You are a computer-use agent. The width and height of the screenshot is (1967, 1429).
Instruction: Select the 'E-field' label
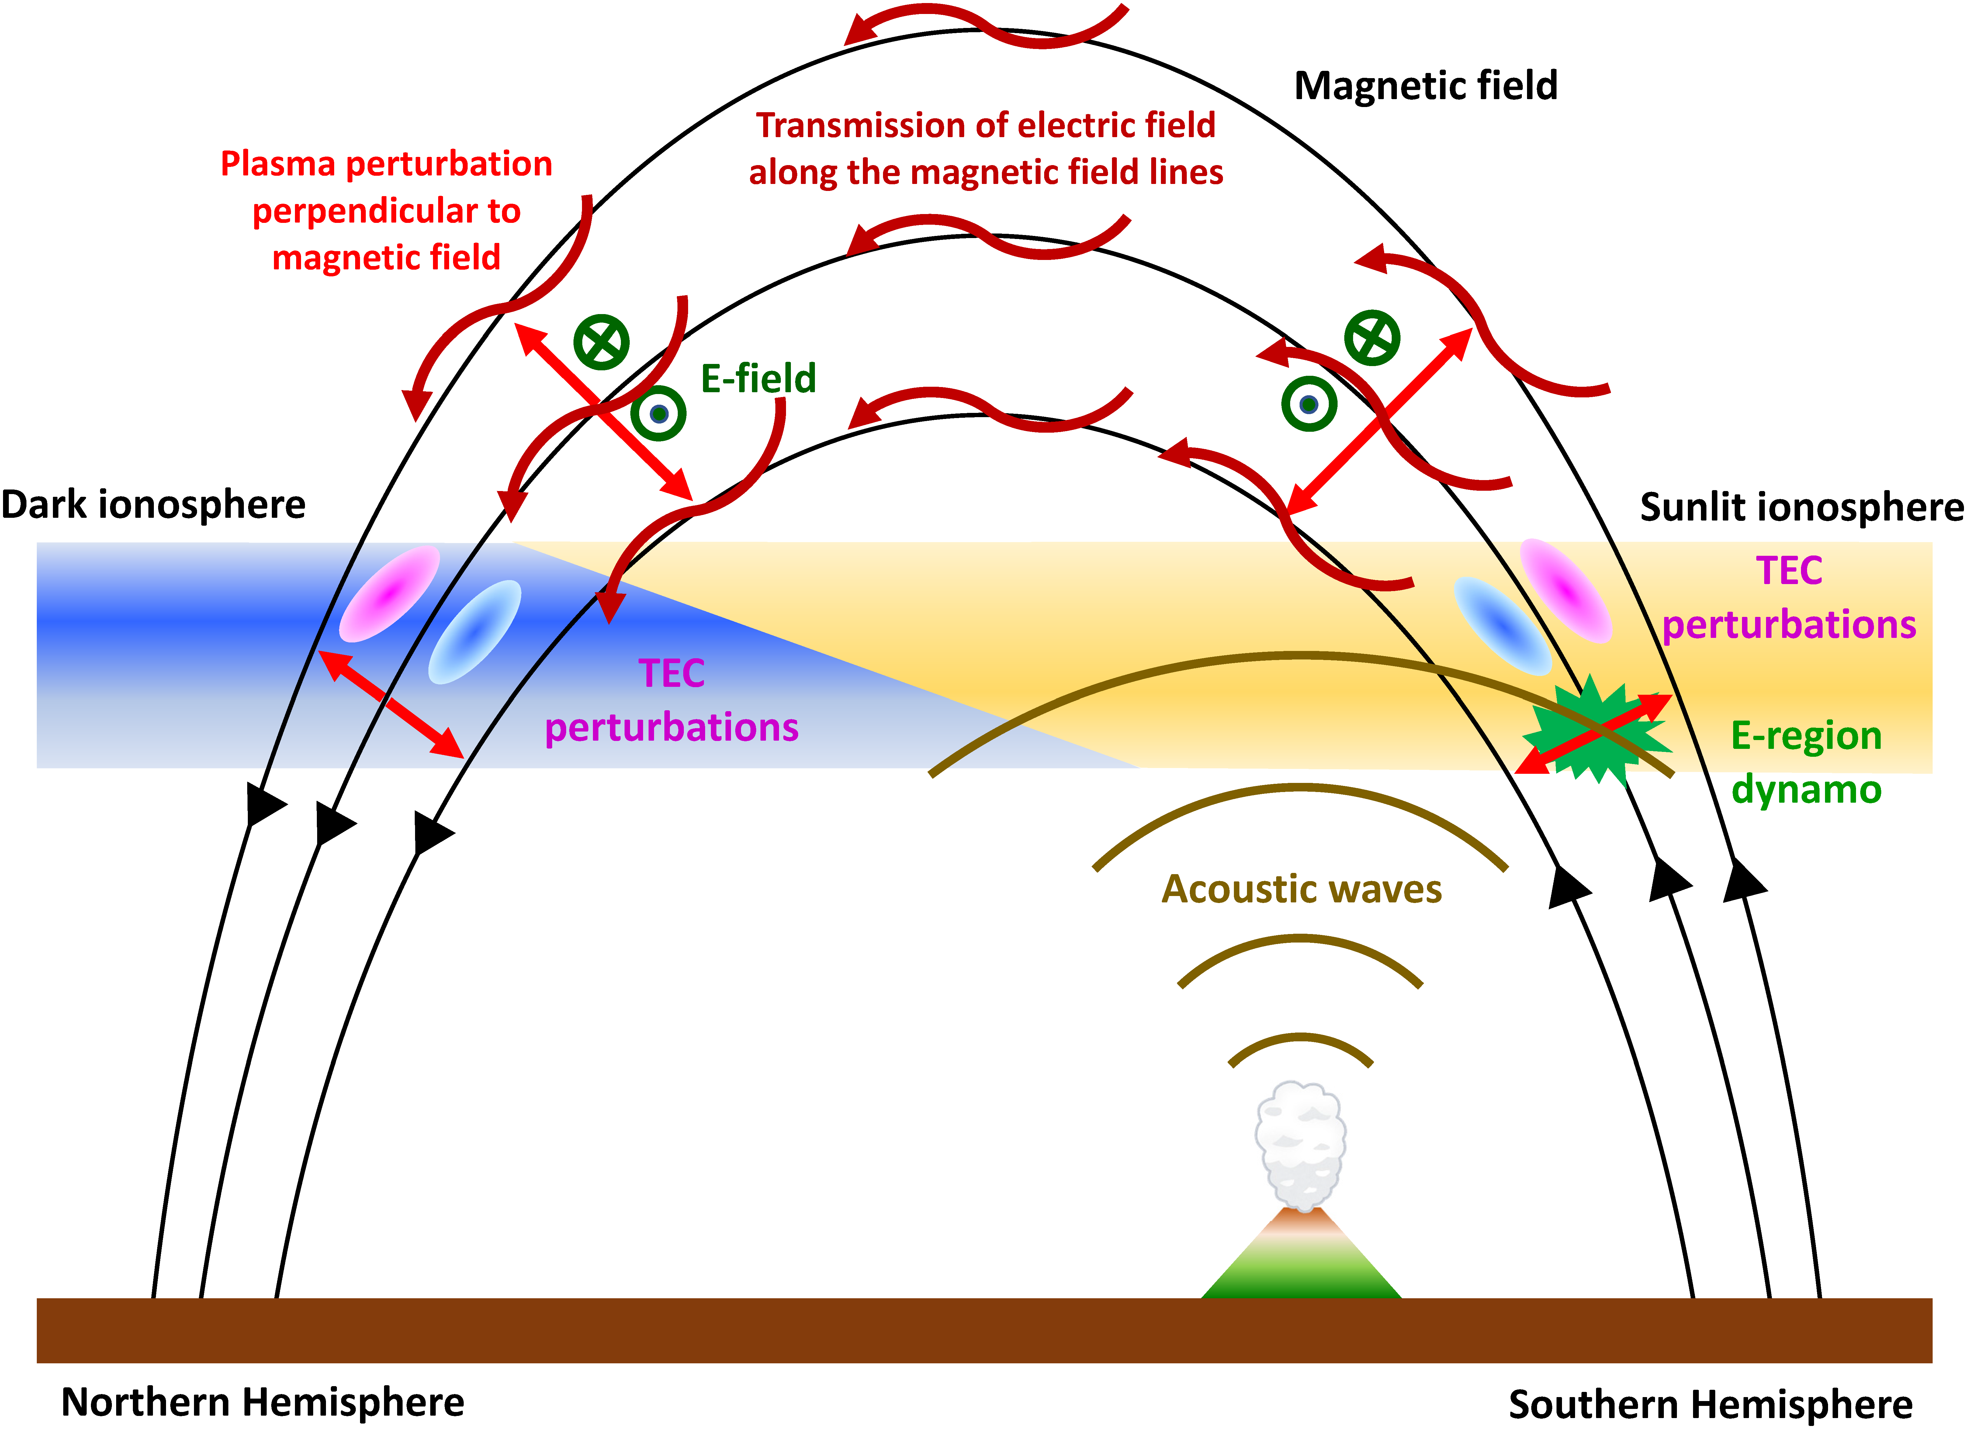click(758, 379)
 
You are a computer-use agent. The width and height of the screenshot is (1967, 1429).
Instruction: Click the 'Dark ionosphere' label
click(154, 505)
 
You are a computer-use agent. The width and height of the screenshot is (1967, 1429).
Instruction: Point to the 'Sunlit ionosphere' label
click(1801, 507)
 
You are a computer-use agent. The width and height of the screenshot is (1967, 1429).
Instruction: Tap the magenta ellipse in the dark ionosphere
click(390, 593)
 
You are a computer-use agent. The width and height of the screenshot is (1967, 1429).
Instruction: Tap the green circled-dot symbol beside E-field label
click(658, 413)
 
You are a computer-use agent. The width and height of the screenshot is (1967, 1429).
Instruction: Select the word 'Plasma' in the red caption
click(278, 164)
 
